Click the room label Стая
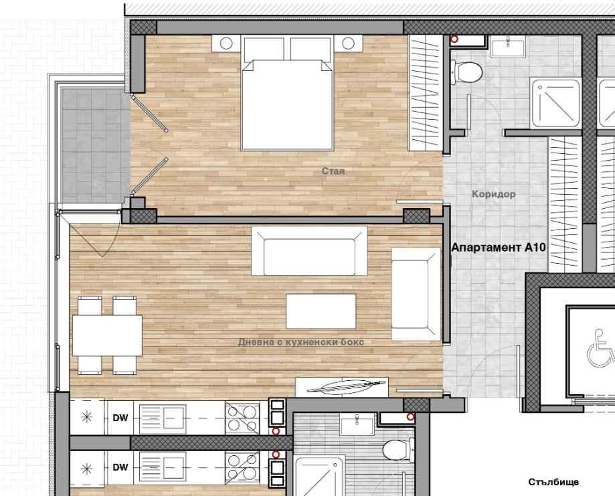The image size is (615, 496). click(333, 171)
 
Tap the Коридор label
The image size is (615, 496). click(493, 194)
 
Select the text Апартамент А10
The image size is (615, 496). click(499, 248)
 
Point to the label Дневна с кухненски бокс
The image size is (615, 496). click(301, 342)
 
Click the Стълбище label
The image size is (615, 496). click(553, 482)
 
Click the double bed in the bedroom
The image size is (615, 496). click(288, 94)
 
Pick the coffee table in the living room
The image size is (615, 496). click(321, 311)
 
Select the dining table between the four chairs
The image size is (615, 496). click(107, 335)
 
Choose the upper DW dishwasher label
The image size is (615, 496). click(120, 418)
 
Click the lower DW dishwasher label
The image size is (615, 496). click(120, 467)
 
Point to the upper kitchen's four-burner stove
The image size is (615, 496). click(242, 418)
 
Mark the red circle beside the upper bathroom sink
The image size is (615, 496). click(454, 39)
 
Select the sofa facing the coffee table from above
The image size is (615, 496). click(309, 251)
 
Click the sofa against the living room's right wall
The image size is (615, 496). click(416, 294)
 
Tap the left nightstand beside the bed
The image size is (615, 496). click(226, 44)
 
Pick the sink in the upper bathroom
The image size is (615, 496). click(508, 46)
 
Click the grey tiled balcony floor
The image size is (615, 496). click(96, 145)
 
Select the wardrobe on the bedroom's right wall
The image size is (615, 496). click(426, 93)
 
